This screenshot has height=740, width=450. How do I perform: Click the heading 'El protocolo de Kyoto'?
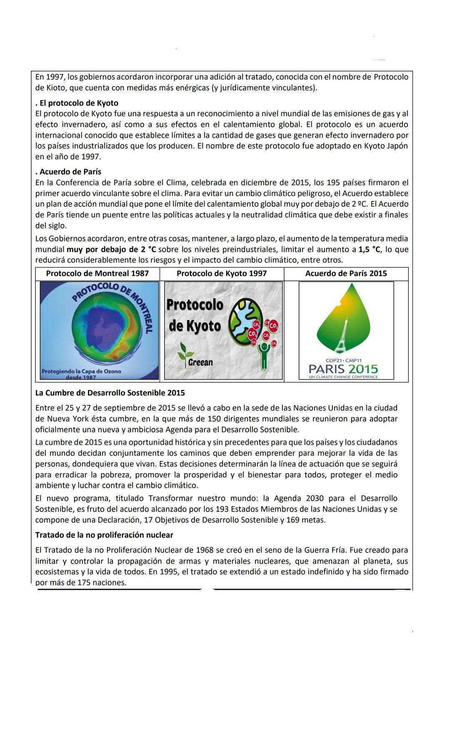[x=79, y=103]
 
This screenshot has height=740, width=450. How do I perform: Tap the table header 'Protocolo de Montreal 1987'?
[x=97, y=273]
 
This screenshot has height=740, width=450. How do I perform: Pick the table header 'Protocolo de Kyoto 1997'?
[x=222, y=273]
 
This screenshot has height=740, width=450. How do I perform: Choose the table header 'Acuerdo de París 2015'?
[x=346, y=273]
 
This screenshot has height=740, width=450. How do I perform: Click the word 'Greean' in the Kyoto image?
[x=200, y=362]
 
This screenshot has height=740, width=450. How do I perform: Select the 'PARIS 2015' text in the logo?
[x=344, y=369]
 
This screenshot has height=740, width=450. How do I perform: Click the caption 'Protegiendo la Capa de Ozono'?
[x=81, y=371]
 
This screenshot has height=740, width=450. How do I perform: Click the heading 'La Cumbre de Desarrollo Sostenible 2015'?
[x=110, y=393]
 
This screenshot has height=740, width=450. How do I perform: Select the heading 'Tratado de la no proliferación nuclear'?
[x=104, y=535]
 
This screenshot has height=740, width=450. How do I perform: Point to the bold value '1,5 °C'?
[x=369, y=249]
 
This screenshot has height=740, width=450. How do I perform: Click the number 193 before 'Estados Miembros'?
[x=222, y=509]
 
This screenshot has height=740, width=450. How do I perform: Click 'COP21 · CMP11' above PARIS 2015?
[x=344, y=360]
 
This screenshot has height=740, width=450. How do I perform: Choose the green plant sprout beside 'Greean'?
[x=182, y=352]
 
